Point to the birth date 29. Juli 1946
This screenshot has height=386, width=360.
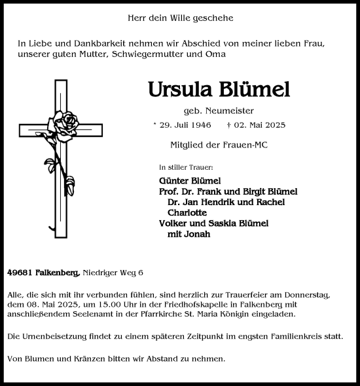click(x=187, y=125)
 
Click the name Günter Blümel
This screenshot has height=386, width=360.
click(x=190, y=181)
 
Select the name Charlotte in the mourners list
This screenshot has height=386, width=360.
click(x=187, y=212)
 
